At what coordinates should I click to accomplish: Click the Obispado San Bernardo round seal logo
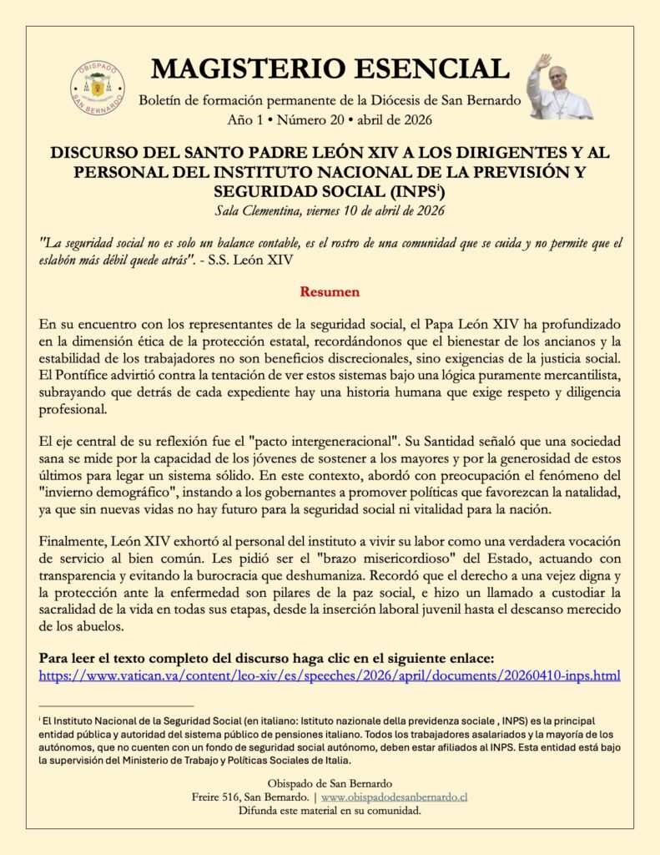pyautogui.click(x=98, y=88)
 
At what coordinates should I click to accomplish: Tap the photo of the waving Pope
pyautogui.click(x=557, y=88)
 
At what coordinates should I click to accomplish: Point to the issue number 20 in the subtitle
pyautogui.click(x=345, y=120)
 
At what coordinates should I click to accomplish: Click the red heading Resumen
pyautogui.click(x=330, y=292)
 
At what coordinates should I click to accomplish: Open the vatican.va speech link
pyautogui.click(x=330, y=674)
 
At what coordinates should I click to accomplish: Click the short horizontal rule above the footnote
pyautogui.click(x=116, y=706)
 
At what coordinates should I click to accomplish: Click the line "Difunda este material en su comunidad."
pyautogui.click(x=330, y=810)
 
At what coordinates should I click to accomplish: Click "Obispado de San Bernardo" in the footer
pyautogui.click(x=330, y=783)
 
